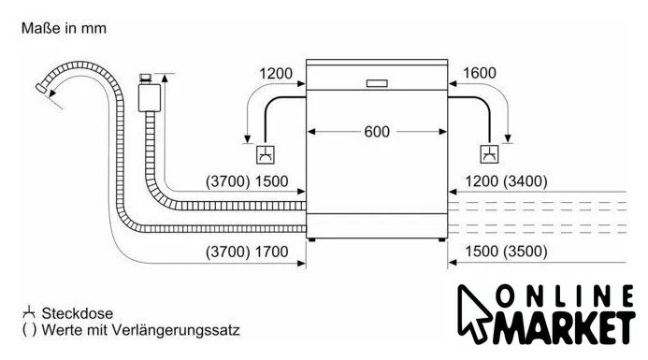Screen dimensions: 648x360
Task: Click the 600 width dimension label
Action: [x=377, y=132]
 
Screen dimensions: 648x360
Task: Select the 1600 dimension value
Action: [x=480, y=73]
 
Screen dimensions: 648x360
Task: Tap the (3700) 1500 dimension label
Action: [x=247, y=181]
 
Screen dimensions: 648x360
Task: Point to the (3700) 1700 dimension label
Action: [x=247, y=252]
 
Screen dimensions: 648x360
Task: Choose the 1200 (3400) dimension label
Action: [x=506, y=181]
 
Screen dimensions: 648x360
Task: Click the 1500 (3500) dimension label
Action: [x=506, y=252]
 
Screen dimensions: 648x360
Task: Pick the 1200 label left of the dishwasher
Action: [x=276, y=74]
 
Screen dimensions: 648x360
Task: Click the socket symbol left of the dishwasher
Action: [x=266, y=154]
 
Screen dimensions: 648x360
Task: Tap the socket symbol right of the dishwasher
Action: [x=489, y=154]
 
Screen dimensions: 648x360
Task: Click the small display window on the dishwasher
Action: [x=377, y=83]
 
